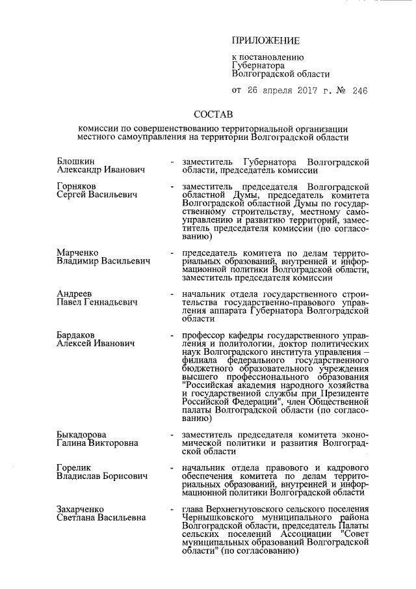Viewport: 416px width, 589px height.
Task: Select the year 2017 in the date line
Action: tap(304, 90)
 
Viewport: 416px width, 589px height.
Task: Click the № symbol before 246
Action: tap(338, 90)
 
